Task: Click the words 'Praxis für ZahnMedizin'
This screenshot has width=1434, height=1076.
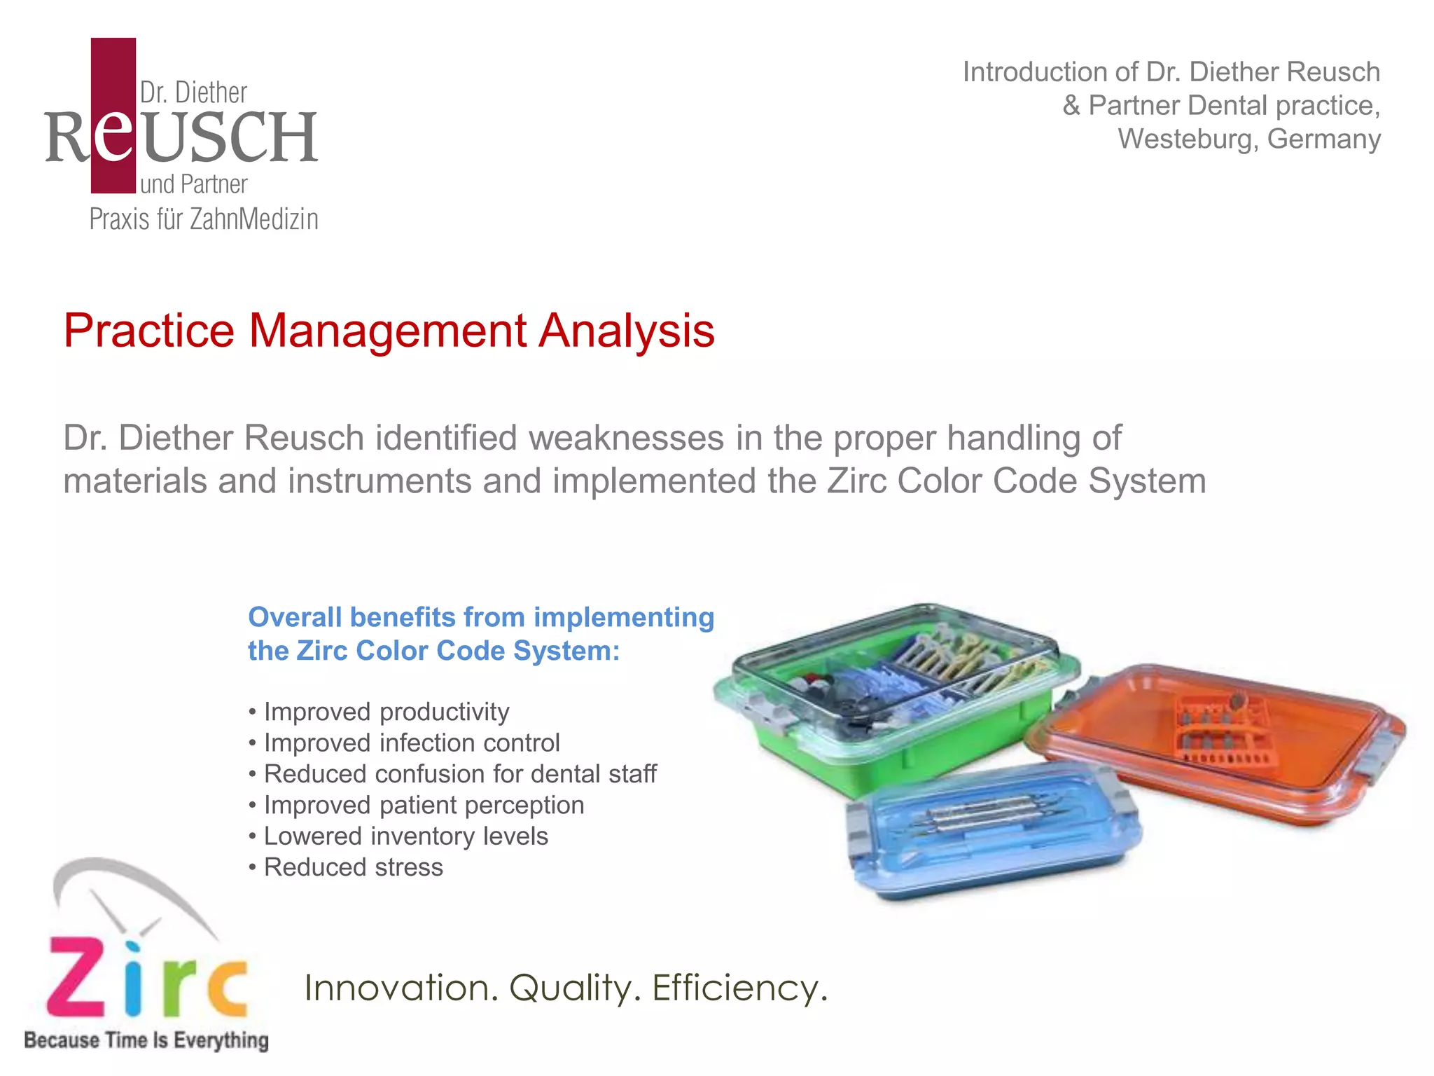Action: click(204, 219)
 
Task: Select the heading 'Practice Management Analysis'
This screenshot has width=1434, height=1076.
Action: click(389, 331)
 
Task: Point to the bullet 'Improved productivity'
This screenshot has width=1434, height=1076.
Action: click(386, 712)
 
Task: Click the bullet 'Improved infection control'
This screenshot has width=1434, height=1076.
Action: click(411, 743)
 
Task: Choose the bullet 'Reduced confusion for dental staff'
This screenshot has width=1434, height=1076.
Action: click(459, 774)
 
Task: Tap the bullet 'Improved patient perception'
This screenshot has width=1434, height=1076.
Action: click(423, 805)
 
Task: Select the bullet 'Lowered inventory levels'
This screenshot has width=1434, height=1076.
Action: click(405, 836)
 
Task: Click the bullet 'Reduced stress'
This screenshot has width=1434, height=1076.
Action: click(353, 867)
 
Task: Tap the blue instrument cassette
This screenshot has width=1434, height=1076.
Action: click(994, 841)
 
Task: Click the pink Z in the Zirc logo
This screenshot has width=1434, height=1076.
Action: click(77, 977)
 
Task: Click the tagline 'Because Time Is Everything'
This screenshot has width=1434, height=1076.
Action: click(146, 1040)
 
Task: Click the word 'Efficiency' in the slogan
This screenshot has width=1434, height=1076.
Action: click(739, 988)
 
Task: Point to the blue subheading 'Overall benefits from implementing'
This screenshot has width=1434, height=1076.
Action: click(481, 618)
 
